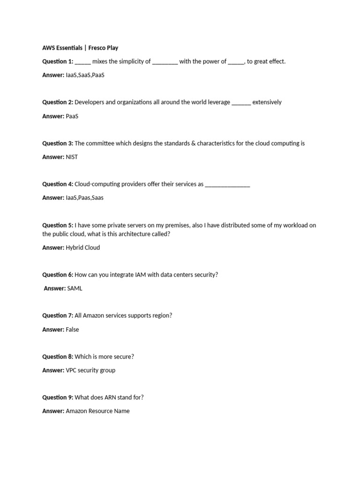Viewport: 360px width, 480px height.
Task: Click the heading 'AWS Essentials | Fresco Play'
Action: [80, 47]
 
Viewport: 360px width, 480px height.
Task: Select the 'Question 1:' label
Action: [58, 61]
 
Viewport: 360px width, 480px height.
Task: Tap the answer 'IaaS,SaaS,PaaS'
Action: [85, 75]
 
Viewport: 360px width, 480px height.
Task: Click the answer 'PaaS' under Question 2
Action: [72, 116]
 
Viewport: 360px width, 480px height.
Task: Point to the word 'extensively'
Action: [267, 102]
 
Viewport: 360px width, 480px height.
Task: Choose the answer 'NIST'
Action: [72, 157]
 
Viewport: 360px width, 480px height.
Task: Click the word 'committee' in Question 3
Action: [101, 143]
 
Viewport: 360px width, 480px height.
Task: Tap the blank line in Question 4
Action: [227, 185]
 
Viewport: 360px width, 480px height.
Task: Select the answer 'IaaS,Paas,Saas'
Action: [85, 198]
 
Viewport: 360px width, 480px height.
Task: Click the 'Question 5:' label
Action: [58, 225]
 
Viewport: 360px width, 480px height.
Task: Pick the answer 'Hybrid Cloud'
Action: [83, 247]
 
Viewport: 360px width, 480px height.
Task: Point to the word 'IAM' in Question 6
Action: [140, 275]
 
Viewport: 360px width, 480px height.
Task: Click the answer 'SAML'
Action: [75, 288]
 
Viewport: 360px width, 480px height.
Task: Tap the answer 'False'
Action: [72, 330]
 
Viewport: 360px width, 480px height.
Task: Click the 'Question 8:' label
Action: [58, 357]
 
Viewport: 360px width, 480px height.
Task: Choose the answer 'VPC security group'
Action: [90, 370]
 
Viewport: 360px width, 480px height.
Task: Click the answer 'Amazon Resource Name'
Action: [97, 411]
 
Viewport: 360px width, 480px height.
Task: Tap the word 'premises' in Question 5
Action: [177, 225]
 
